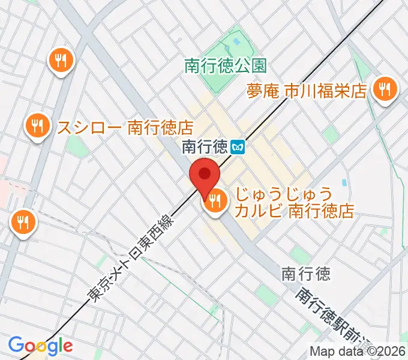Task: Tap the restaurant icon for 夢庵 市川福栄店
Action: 383,89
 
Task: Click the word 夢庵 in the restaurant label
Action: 263,91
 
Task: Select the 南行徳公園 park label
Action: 225,65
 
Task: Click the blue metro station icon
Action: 239,146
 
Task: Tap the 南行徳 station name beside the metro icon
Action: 204,146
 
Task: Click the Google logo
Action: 40,346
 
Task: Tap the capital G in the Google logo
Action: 16,345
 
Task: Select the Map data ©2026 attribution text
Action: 356,351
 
